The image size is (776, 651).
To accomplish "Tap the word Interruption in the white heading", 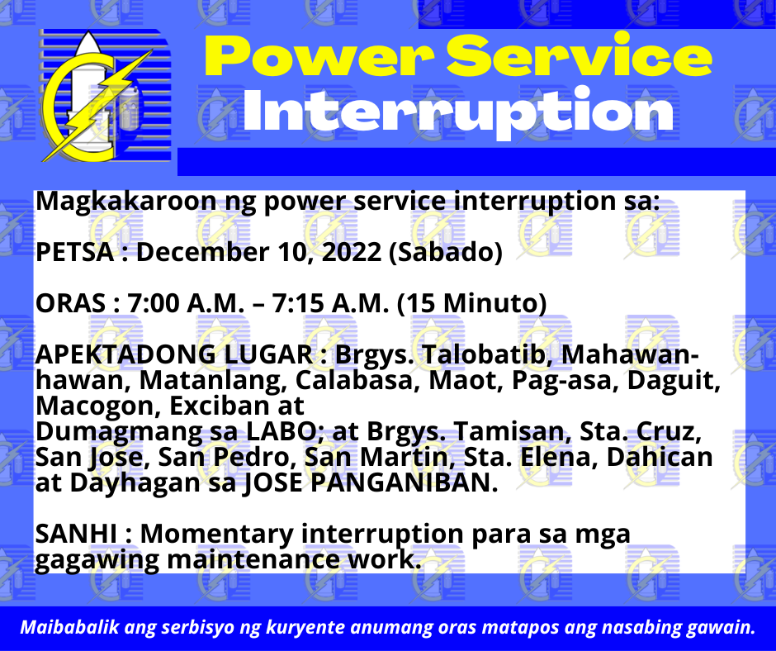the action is pyautogui.click(x=458, y=112).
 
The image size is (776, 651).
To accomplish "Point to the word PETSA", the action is pyautogui.click(x=75, y=252).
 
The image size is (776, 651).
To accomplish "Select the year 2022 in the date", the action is pyautogui.click(x=352, y=252).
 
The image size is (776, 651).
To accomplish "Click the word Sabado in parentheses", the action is pyautogui.click(x=446, y=252).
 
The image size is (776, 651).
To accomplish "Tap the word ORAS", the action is pyautogui.click(x=70, y=303).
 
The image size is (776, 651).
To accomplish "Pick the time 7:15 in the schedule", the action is pyautogui.click(x=298, y=303).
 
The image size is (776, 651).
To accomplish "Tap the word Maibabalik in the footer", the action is pyautogui.click(x=69, y=627).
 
